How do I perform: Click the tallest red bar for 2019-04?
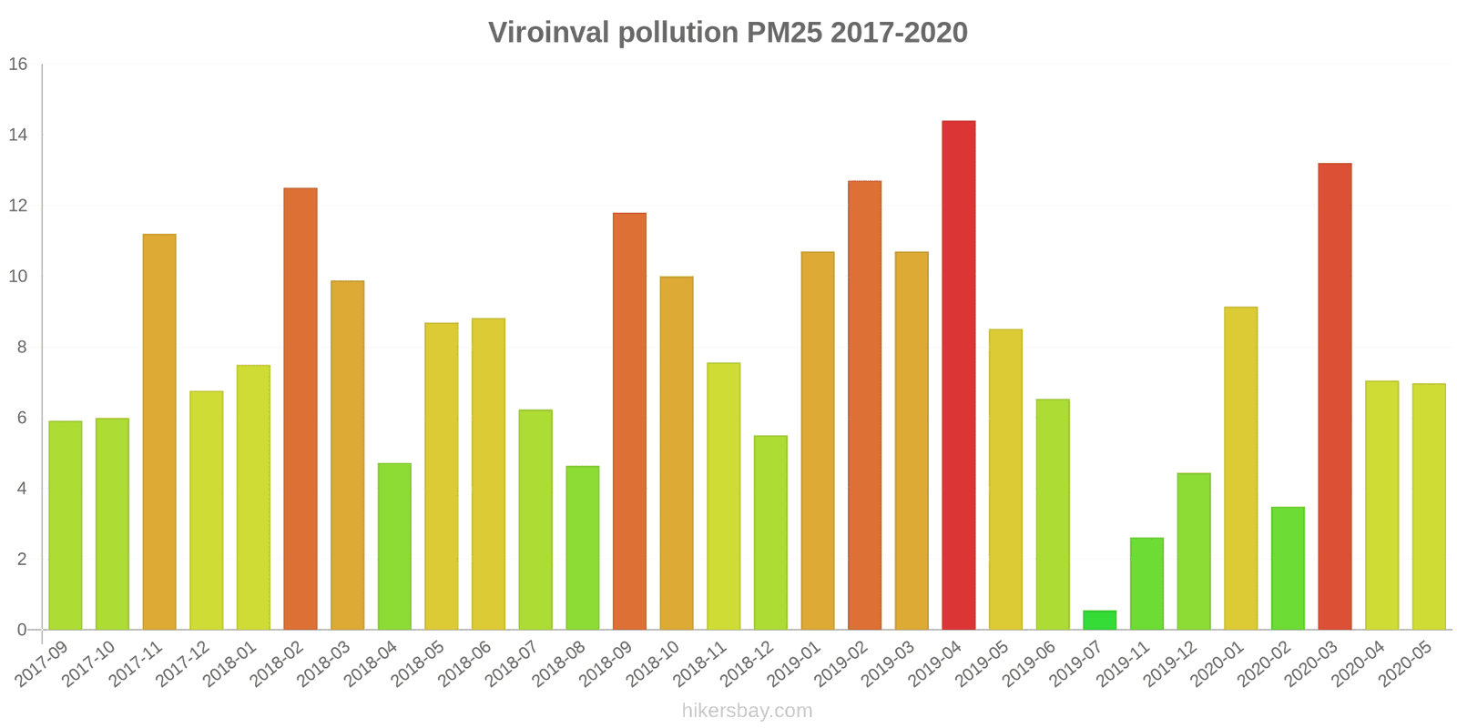[x=958, y=375]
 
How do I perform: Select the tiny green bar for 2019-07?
[x=1099, y=621]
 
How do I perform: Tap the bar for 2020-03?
[x=1334, y=397]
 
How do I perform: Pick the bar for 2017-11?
[x=159, y=432]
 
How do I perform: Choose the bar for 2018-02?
[x=301, y=409]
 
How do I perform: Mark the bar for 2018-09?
[x=629, y=421]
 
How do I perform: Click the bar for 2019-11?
[x=1146, y=584]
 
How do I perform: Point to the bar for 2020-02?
[x=1288, y=569]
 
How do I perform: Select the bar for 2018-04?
[x=394, y=547]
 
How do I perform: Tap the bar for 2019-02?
[x=864, y=405]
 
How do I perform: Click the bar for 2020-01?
[x=1240, y=469]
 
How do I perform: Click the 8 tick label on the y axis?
[x=22, y=348]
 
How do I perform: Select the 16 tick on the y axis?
[x=18, y=65]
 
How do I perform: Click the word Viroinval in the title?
[x=549, y=33]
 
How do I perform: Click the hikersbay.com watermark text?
[x=747, y=711]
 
